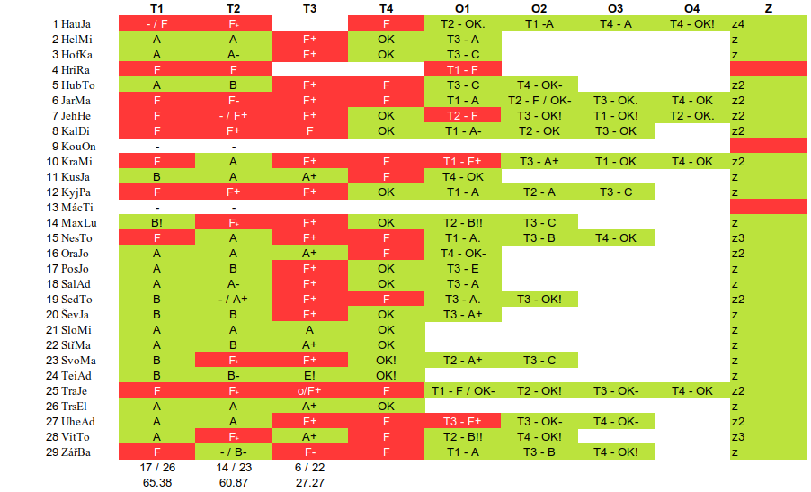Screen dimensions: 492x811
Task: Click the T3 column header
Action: pyautogui.click(x=309, y=8)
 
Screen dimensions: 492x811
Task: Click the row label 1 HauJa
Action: pyautogui.click(x=71, y=23)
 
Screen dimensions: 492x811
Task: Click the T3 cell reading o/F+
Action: pyautogui.click(x=309, y=390)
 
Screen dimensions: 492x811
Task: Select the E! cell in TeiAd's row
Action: pyautogui.click(x=309, y=375)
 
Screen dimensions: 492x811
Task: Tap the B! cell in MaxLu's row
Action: pyautogui.click(x=157, y=222)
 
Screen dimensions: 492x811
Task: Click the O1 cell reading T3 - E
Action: pyautogui.click(x=462, y=268)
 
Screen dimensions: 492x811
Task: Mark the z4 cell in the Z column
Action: pyautogui.click(x=738, y=23)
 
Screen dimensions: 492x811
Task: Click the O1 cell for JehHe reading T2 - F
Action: pyautogui.click(x=462, y=115)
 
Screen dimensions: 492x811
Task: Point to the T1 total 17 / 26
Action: pyautogui.click(x=157, y=468)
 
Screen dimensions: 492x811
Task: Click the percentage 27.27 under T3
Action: pyautogui.click(x=309, y=483)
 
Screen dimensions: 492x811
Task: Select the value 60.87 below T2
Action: pyautogui.click(x=234, y=483)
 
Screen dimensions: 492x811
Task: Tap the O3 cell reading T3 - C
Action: pyautogui.click(x=616, y=192)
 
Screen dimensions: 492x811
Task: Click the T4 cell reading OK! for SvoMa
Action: pyautogui.click(x=386, y=360)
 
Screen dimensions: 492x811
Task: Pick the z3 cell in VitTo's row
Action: pyautogui.click(x=738, y=436)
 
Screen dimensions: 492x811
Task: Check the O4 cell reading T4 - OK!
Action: pyautogui.click(x=692, y=23)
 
